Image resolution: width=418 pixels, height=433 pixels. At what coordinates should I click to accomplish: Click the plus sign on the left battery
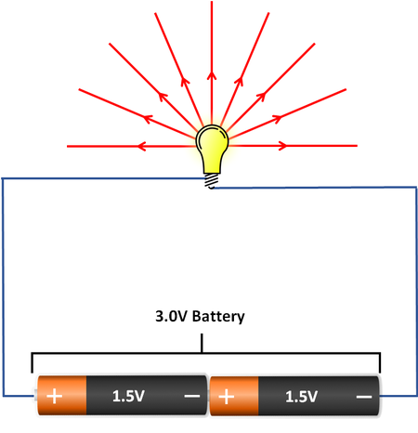click(x=55, y=396)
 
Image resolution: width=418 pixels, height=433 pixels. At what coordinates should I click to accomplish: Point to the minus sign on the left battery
click(x=191, y=396)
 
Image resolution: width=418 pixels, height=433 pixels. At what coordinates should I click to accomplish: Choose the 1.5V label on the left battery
click(x=129, y=396)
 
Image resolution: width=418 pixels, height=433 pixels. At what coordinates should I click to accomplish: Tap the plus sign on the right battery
click(x=226, y=396)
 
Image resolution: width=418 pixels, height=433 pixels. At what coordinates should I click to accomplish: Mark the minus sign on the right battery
click(x=365, y=396)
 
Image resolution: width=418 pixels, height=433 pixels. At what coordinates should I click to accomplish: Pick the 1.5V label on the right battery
click(x=303, y=396)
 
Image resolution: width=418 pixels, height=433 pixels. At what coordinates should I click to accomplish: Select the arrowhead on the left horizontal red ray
click(x=140, y=146)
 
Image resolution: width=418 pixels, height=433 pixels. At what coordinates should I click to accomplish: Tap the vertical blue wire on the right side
click(x=412, y=279)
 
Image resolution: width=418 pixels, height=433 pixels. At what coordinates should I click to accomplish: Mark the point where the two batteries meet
click(x=210, y=396)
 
